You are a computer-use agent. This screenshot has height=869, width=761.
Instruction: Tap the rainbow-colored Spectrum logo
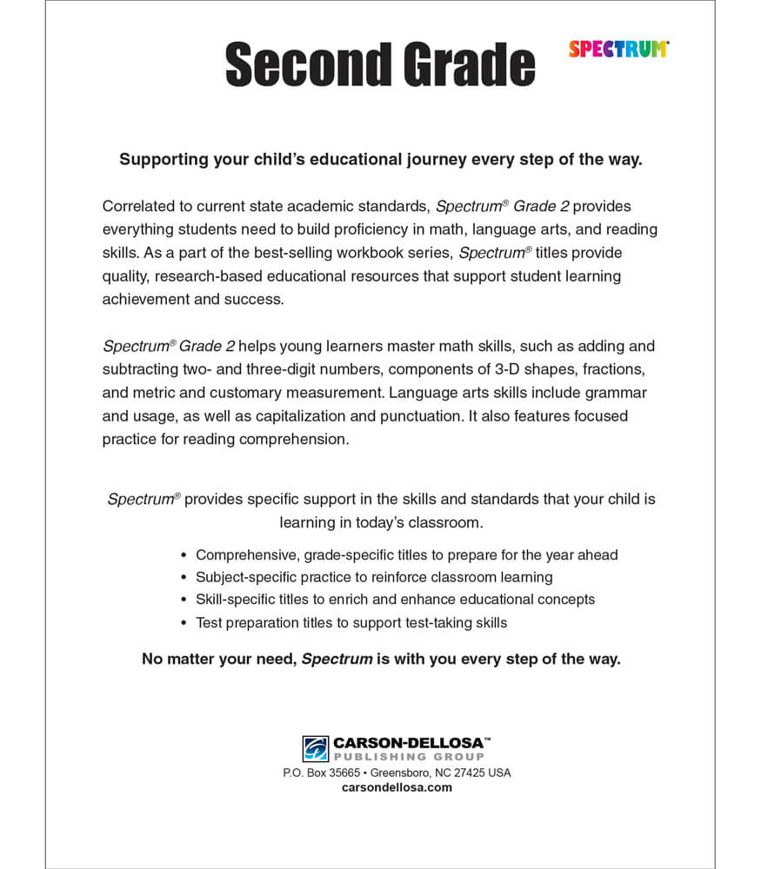tap(618, 50)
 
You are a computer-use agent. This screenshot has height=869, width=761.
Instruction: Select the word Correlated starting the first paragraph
tap(139, 206)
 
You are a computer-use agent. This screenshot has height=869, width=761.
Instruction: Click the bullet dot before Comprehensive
tap(184, 554)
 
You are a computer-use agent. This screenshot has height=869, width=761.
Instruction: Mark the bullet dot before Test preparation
tap(184, 623)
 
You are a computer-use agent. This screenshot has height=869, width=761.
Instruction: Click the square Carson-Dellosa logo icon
tap(315, 748)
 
